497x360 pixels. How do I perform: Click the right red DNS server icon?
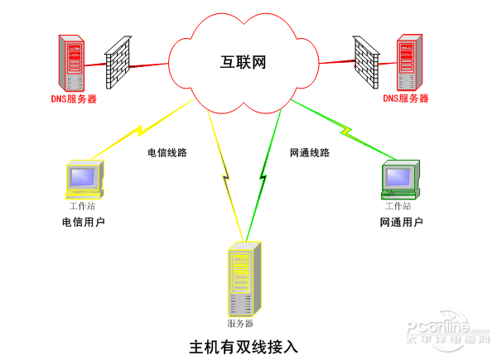[x=406, y=61]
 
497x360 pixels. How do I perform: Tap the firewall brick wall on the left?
[x=118, y=62]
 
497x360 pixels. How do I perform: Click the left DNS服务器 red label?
[x=74, y=98]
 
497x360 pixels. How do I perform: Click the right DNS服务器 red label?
[x=406, y=98]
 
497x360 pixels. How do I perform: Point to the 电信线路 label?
[x=167, y=153]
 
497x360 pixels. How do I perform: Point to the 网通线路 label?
[x=310, y=153]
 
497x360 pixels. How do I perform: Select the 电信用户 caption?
[x=84, y=222]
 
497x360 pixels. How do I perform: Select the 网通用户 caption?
[x=401, y=222]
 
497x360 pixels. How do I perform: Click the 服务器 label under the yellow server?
[x=240, y=323]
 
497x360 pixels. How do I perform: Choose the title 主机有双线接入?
[x=244, y=345]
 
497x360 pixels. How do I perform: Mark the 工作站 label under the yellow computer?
[x=83, y=205]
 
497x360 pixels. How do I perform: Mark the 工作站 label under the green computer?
[x=398, y=205]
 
